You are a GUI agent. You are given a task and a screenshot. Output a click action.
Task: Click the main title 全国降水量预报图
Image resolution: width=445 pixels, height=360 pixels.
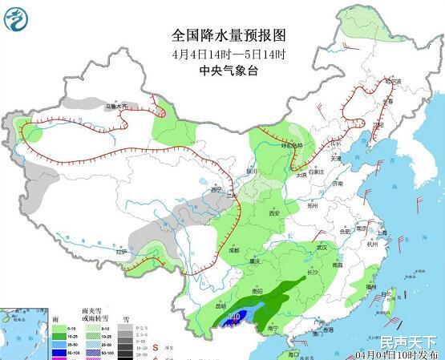229,36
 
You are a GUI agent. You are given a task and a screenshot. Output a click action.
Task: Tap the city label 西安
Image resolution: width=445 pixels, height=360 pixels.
275,213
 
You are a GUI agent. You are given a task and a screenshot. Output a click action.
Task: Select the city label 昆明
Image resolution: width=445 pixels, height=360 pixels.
222,305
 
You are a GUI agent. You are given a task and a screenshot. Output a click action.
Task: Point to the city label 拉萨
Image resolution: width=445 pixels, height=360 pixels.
122,252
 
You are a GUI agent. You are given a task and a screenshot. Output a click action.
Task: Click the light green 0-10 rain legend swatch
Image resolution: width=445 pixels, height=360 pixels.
59,328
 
